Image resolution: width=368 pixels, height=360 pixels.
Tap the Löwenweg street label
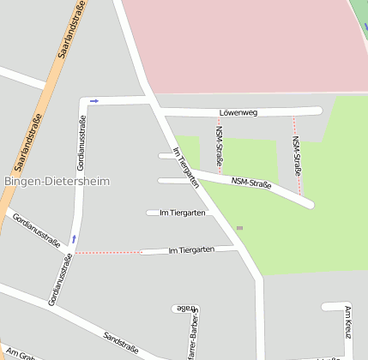[x=238, y=112]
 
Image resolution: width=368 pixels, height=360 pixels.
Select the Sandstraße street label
[x=121, y=341]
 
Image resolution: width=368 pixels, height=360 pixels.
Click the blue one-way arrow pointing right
[x=94, y=101]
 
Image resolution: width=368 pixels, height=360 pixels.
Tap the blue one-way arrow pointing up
[x=74, y=238]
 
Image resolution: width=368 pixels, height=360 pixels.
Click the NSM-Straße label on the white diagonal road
[x=252, y=183]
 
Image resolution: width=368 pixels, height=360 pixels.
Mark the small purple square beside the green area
[x=239, y=228]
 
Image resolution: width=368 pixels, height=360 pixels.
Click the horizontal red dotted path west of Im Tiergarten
[x=108, y=253]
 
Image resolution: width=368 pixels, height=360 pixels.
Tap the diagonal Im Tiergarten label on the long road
[x=186, y=167]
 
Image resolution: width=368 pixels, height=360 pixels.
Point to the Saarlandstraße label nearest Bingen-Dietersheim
[x=28, y=143]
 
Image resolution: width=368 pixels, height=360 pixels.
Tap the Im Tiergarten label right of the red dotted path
[x=190, y=250]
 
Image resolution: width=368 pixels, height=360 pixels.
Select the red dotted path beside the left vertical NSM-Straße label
[x=218, y=146]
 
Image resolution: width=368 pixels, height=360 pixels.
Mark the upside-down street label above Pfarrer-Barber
[x=184, y=308]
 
